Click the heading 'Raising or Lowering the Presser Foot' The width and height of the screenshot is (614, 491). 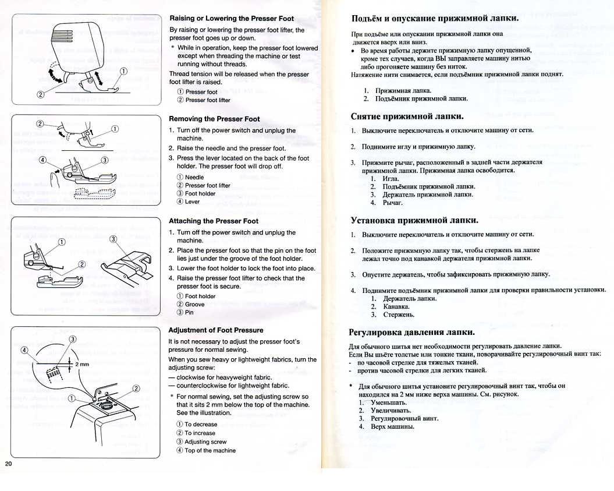click(x=231, y=18)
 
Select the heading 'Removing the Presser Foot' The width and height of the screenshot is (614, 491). click(x=214, y=119)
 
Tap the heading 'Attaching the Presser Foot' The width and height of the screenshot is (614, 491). click(x=213, y=221)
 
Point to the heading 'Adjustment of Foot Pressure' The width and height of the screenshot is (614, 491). click(x=215, y=330)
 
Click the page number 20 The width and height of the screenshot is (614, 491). click(x=8, y=464)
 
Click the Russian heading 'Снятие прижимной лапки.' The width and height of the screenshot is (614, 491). click(x=407, y=116)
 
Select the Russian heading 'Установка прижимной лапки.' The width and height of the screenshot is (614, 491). click(x=414, y=220)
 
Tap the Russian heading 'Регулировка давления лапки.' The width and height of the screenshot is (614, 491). click(x=411, y=333)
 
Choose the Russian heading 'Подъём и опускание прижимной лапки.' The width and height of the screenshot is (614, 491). click(x=435, y=18)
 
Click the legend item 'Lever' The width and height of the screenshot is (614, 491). click(x=191, y=202)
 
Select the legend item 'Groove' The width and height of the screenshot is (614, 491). click(x=194, y=304)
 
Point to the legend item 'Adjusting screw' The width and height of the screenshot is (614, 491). click(x=205, y=441)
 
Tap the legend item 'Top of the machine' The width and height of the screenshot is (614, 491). click(x=210, y=450)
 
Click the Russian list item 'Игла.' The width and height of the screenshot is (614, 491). click(x=390, y=178)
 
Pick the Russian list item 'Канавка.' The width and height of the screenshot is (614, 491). click(x=396, y=306)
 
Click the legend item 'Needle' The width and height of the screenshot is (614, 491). click(x=194, y=177)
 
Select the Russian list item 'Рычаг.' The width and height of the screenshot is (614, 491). click(x=392, y=203)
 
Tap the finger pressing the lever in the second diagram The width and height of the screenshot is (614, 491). click(x=55, y=178)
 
